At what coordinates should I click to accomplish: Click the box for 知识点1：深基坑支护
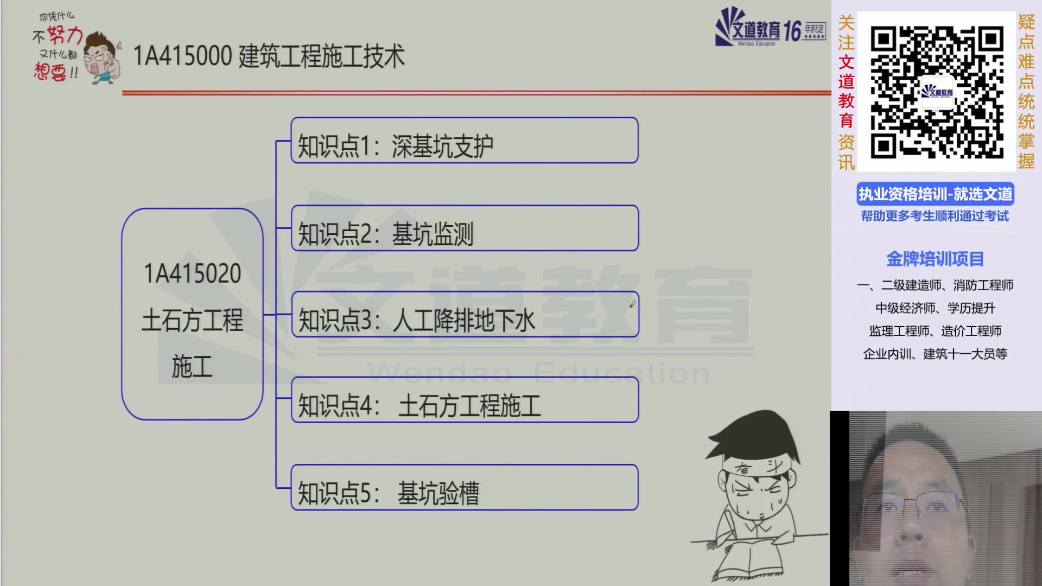464,141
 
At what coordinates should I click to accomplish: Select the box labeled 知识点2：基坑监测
465,228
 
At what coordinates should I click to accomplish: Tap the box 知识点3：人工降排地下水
465,315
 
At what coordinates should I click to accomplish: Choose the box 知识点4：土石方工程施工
465,400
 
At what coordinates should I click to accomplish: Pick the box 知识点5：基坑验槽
464,487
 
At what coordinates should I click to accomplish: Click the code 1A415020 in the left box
192,273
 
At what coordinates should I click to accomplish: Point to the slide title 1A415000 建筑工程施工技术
269,56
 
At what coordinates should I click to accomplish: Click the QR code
936,92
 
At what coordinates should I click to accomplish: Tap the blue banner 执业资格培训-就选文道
935,194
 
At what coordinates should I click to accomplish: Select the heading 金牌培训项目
935,259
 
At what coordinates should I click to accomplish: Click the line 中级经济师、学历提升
935,308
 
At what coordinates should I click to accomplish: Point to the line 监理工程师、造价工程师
935,331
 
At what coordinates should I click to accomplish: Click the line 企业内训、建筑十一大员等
935,354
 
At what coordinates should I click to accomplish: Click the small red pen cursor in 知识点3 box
632,304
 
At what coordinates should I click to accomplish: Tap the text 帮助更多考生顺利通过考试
935,216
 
